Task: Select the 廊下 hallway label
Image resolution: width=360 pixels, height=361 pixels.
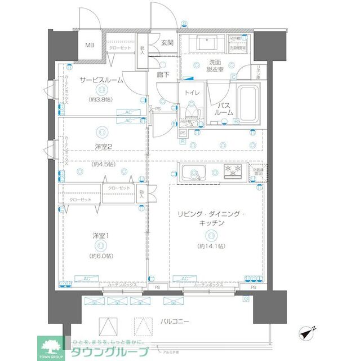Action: point(163,74)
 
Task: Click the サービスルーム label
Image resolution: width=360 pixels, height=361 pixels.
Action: point(101,80)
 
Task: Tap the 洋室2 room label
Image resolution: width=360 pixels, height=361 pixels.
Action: point(102,147)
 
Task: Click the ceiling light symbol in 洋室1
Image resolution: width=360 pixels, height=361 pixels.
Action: point(100,246)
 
